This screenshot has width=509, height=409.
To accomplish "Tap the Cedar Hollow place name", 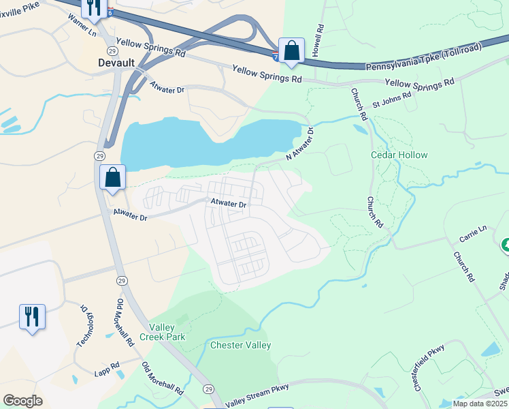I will coord(399,155).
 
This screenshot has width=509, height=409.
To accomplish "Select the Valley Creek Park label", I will coord(163,332).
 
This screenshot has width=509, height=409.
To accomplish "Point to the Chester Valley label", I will coord(241,345).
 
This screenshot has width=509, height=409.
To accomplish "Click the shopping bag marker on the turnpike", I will coord(291,51).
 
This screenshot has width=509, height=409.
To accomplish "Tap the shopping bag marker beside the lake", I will coord(113,178).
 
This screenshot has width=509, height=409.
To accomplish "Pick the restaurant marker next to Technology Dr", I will coord(32,317).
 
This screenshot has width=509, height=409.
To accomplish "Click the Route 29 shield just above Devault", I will coord(110,50).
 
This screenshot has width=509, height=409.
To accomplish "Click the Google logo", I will coord(23,401).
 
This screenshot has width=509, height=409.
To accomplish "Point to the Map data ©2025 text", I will coord(479,404).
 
